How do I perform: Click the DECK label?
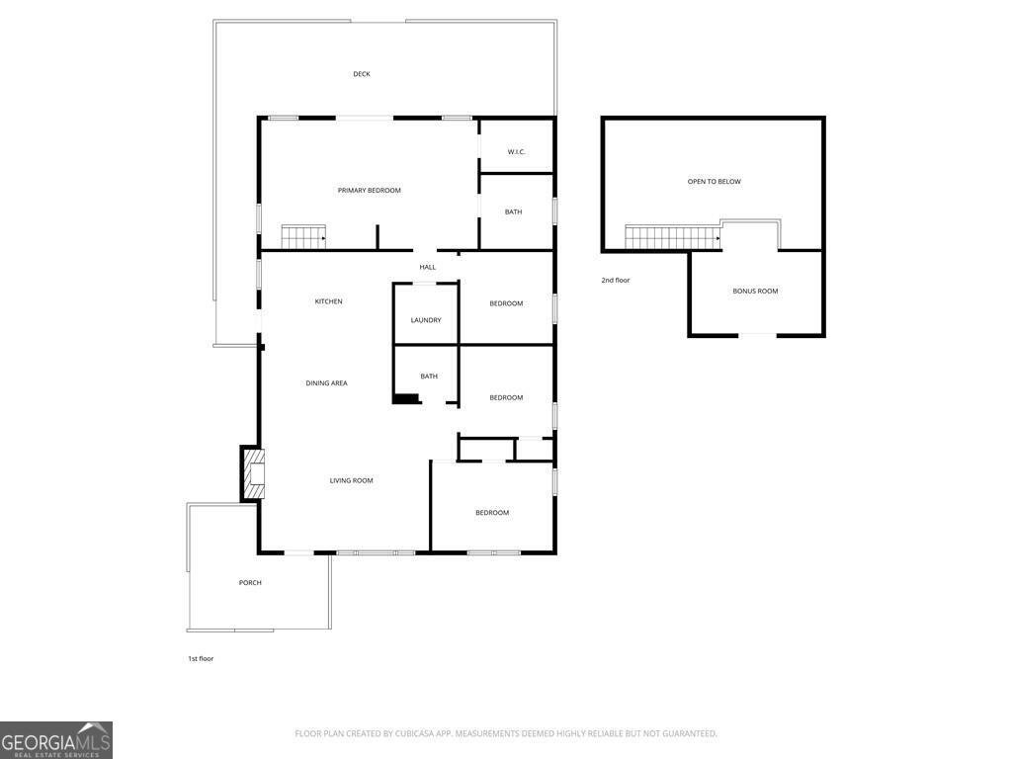[362, 74]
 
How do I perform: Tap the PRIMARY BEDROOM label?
[369, 190]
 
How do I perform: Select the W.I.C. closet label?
[516, 151]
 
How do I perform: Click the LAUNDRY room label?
[426, 320]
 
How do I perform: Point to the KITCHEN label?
[328, 301]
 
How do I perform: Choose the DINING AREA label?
[326, 382]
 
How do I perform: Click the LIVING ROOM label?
[351, 480]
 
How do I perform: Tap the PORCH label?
[250, 582]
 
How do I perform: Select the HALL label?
[427, 267]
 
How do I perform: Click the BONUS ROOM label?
[755, 291]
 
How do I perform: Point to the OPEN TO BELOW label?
[714, 181]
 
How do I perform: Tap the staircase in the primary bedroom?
[303, 237]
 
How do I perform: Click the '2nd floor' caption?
[615, 280]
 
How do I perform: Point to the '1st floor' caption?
[201, 658]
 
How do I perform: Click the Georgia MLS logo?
[56, 740]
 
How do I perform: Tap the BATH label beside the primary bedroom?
[513, 211]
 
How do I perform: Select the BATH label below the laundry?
[429, 376]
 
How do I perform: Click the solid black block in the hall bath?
[406, 398]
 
